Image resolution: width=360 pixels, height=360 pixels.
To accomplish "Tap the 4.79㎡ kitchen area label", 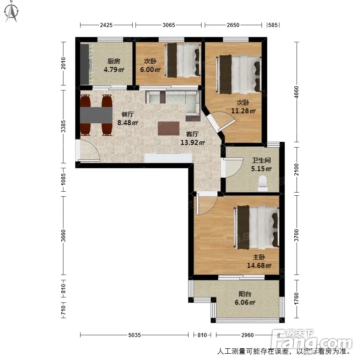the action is tap(114, 69).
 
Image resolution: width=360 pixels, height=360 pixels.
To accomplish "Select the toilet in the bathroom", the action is tap(263, 184).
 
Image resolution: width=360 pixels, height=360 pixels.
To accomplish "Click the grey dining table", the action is tap(96, 115).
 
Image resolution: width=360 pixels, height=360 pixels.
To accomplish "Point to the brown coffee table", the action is tap(168, 128).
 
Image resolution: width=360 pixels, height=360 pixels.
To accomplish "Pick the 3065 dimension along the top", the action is tap(169, 25).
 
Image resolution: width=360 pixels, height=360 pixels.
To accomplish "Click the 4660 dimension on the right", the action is tap(297, 92).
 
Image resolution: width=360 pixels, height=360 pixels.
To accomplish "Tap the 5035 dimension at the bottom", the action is tap(135, 335).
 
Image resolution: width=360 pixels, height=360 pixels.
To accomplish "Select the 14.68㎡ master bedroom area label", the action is tap(259, 265).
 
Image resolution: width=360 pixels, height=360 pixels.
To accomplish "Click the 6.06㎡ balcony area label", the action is tap(245, 302).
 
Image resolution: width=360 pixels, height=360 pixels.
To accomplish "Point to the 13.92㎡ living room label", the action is tap(193, 142).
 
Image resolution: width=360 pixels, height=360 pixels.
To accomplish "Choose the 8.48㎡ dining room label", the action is tap(127, 122).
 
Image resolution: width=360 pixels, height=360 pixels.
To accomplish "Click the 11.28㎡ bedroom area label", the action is tap(243, 111).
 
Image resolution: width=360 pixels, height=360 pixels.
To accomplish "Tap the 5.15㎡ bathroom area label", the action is tap(261, 169).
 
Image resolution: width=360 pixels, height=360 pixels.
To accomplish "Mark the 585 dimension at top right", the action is tap(273, 25).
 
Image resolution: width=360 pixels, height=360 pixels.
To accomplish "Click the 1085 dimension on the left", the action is tap(63, 179).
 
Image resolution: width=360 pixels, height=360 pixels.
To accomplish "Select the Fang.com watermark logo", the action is tap(312, 339).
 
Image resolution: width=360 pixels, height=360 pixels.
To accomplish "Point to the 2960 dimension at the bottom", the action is tap(247, 335).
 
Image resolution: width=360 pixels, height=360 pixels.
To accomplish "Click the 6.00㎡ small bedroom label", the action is tap(150, 69).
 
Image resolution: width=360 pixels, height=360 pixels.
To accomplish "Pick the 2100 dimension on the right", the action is tap(297, 170).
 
